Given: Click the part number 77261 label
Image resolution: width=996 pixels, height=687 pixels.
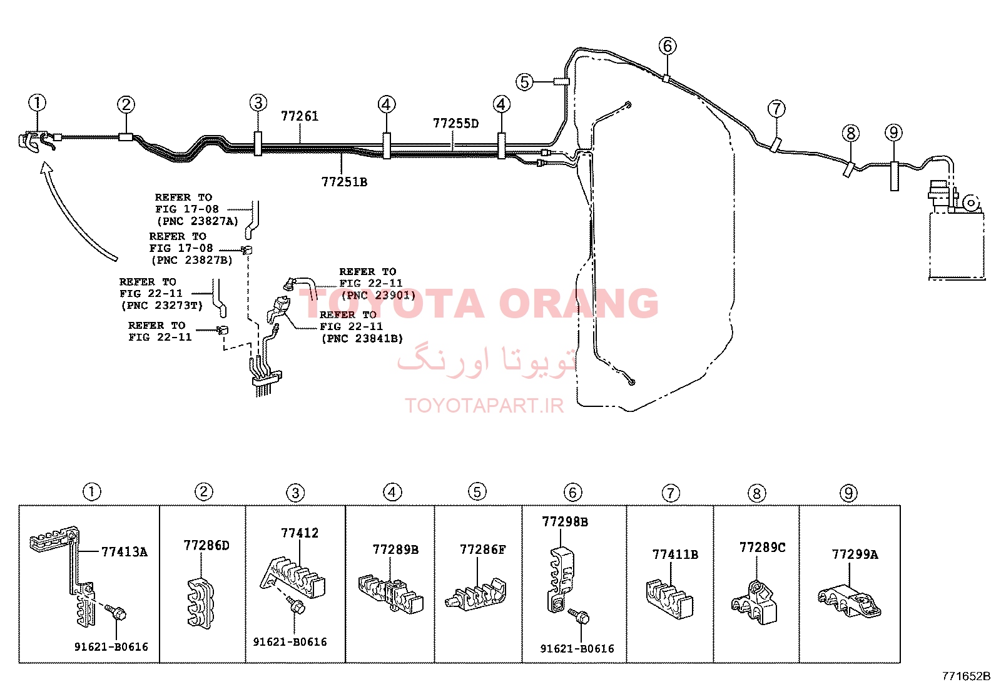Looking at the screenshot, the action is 300,116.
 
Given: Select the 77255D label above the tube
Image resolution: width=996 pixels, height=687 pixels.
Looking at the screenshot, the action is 455,123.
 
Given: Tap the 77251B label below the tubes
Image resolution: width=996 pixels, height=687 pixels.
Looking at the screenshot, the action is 344,182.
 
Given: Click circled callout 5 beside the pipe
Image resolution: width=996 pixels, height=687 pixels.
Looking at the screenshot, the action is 525,82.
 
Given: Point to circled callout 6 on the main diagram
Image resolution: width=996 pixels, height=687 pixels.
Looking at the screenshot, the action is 668,46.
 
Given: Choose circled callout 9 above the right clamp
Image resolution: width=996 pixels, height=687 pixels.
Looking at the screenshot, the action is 893,133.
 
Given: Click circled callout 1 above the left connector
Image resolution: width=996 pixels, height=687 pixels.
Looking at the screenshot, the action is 37,103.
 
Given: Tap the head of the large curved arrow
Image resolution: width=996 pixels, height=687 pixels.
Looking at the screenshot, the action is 46,168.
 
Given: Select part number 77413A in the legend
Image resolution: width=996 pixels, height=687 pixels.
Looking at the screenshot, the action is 124,552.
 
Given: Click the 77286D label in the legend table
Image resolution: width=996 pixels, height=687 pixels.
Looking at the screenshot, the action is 206,545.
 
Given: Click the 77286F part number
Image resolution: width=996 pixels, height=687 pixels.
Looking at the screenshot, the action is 482,549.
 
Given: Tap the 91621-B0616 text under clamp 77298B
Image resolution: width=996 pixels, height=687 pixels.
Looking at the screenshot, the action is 577,649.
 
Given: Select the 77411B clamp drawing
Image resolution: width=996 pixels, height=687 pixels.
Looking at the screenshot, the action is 669,599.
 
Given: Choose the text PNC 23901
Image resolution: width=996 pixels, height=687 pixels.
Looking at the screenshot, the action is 379,295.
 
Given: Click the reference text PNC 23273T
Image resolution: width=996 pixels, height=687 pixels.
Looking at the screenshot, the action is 162,306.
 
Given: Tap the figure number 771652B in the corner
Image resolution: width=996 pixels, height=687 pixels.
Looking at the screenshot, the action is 966,676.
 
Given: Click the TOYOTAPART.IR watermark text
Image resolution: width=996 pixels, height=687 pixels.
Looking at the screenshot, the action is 484,406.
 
